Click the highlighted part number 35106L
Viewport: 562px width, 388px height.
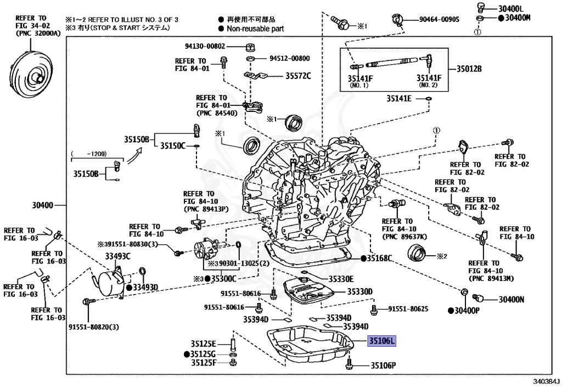(x=381, y=341)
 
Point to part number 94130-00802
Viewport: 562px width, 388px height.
(x=204, y=47)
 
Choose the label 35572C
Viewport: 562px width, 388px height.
(x=298, y=75)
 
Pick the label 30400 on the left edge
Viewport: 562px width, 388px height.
(x=43, y=205)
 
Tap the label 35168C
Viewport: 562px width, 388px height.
(x=380, y=258)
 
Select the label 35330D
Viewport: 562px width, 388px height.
(x=359, y=291)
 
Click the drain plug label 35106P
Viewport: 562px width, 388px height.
(x=383, y=365)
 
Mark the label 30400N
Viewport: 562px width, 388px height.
(x=512, y=300)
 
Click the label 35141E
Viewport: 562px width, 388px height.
(x=398, y=99)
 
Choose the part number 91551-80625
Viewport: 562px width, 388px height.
(x=408, y=310)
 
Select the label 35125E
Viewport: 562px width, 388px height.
(x=203, y=344)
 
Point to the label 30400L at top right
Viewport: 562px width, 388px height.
(x=512, y=8)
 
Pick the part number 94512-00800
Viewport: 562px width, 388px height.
(x=289, y=58)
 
